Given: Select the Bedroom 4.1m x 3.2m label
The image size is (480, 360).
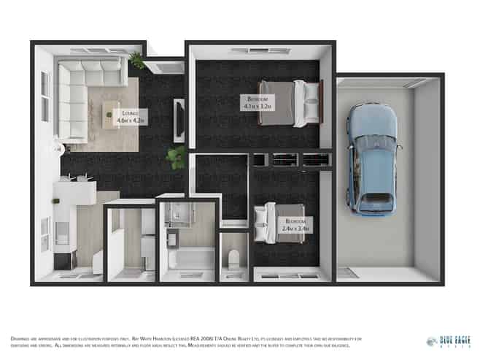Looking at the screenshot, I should (x=258, y=102).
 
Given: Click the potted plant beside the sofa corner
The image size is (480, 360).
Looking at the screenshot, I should (x=136, y=61).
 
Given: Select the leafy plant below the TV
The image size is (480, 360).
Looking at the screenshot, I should (x=175, y=156).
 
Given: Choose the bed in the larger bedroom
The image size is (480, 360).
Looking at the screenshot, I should (x=295, y=103).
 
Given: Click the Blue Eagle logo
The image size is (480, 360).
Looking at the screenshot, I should (x=448, y=342).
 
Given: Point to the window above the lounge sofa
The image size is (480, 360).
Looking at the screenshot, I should (x=98, y=50).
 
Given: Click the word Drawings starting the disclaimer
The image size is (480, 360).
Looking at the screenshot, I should (x=21, y=338).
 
